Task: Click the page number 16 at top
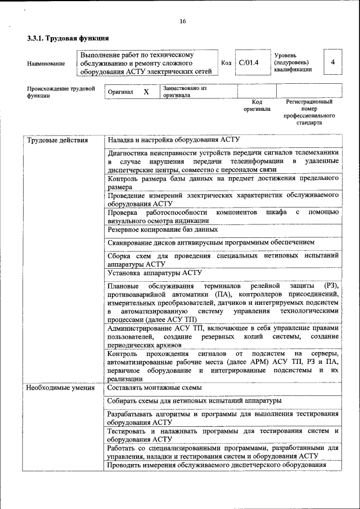[182, 21]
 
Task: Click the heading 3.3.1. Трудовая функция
[67, 38]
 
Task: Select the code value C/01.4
[248, 63]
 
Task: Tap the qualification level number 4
[333, 62]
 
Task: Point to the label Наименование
[46, 64]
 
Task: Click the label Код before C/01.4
[226, 63]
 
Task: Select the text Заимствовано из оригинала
[185, 92]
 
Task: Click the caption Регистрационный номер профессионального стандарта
[309, 111]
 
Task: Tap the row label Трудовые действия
[57, 140]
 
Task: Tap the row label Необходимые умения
[61, 388]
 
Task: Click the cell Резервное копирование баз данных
[163, 229]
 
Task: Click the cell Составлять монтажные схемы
[155, 388]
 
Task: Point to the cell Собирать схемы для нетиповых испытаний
[193, 400]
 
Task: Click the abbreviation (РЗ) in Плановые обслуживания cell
[332, 286]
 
